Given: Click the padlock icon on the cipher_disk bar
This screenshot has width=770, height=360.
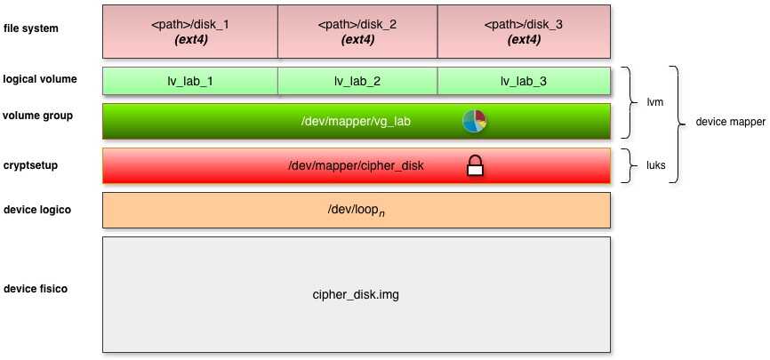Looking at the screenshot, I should pos(475,165).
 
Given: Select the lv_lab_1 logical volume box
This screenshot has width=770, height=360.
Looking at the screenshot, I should pos(191,81).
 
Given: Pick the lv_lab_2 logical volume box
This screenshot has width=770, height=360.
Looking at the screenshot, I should pos(357,81).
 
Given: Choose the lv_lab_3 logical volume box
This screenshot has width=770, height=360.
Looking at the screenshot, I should pos(524,81).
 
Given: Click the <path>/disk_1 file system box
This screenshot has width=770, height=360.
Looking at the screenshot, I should pos(191,31).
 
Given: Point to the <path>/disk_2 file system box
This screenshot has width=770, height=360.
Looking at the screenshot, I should pos(357,31).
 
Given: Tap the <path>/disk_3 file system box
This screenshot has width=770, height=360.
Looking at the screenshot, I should pos(524,31).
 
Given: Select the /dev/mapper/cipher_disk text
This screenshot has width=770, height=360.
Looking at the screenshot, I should pos(357,165).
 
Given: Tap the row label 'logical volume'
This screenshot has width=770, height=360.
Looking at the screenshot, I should pos(40,79).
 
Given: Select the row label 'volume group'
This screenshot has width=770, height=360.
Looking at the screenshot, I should pos(38,116).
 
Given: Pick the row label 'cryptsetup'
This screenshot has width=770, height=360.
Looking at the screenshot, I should pos(30,165).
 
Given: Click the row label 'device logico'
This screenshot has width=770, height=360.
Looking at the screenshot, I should pos(36,210).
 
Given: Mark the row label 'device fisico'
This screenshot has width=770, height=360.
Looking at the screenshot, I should pos(36,289).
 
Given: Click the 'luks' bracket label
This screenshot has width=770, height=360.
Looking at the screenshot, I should pos(655,165).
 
